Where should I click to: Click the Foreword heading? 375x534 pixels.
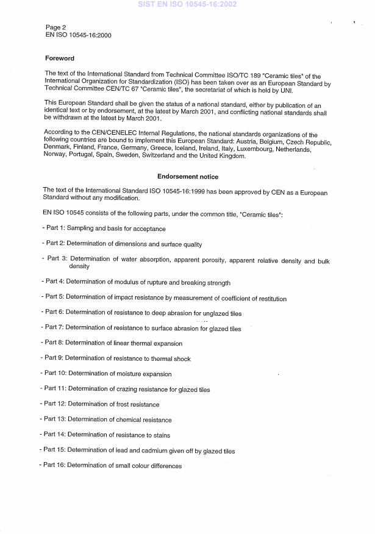tap(60, 59)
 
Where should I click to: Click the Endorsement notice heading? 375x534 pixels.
tap(187, 177)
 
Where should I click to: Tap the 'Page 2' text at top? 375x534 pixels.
tap(57, 27)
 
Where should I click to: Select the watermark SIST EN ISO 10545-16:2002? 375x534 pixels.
tap(187, 4)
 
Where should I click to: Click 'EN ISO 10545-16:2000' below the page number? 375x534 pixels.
tap(78, 35)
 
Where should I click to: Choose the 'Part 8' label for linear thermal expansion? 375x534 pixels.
tap(54, 343)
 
